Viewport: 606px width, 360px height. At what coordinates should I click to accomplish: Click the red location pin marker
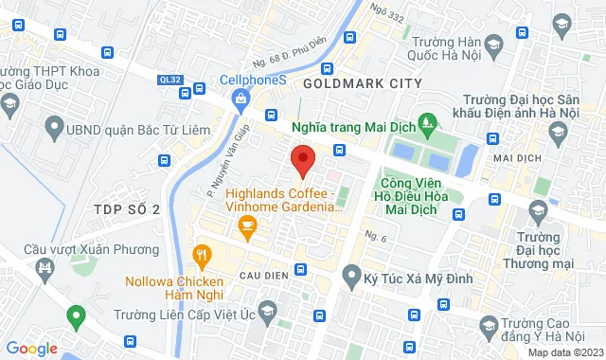(302, 161)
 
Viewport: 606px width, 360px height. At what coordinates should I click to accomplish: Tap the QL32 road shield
(171, 81)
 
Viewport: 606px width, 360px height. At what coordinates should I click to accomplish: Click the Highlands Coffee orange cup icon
(248, 225)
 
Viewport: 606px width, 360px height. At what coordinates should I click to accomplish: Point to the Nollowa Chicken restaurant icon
(201, 255)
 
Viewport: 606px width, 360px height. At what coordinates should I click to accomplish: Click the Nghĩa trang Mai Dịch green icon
(428, 121)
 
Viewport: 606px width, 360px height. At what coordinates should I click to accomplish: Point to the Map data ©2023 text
(563, 352)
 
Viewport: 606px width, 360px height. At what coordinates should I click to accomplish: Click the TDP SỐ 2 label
(127, 208)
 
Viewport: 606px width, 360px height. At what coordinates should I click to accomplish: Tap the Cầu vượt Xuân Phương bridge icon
(45, 269)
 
